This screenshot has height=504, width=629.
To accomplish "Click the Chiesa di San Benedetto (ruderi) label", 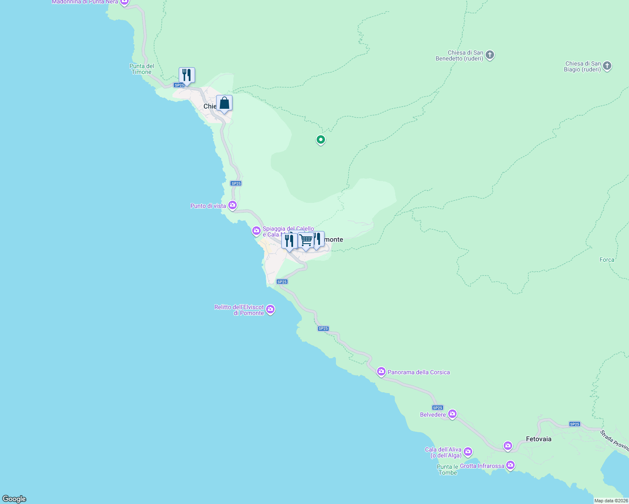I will point(459,55).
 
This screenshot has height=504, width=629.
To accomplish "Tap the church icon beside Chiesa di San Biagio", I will point(607,66).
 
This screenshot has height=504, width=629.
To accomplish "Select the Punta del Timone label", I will point(142,69).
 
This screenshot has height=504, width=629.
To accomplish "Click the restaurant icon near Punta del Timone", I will point(187,76).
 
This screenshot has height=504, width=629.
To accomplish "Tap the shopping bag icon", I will point(225,103).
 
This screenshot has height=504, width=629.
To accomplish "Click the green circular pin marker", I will point(321,139).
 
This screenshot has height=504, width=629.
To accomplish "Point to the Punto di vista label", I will point(208,206).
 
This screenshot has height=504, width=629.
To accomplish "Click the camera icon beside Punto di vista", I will point(233,205).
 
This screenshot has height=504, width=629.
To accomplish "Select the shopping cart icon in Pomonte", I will point(306,241).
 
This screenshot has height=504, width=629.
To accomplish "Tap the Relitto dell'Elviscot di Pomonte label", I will point(239,310).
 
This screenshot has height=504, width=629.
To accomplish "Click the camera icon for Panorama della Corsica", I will point(381,372).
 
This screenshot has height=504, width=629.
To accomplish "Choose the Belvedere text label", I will point(433,415).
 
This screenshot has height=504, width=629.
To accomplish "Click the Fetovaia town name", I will point(539,439).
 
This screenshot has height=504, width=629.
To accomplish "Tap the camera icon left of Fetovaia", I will point(508,446).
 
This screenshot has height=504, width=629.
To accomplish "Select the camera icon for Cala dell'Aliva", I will point(468,452).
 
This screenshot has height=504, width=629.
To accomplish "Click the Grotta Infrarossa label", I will point(482,466).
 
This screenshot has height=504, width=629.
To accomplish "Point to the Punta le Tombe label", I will point(447,470).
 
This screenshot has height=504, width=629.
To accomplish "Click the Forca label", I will point(607,260).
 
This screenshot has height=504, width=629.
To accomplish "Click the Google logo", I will point(14,499).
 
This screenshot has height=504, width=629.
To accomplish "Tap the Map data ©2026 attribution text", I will point(611,501).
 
